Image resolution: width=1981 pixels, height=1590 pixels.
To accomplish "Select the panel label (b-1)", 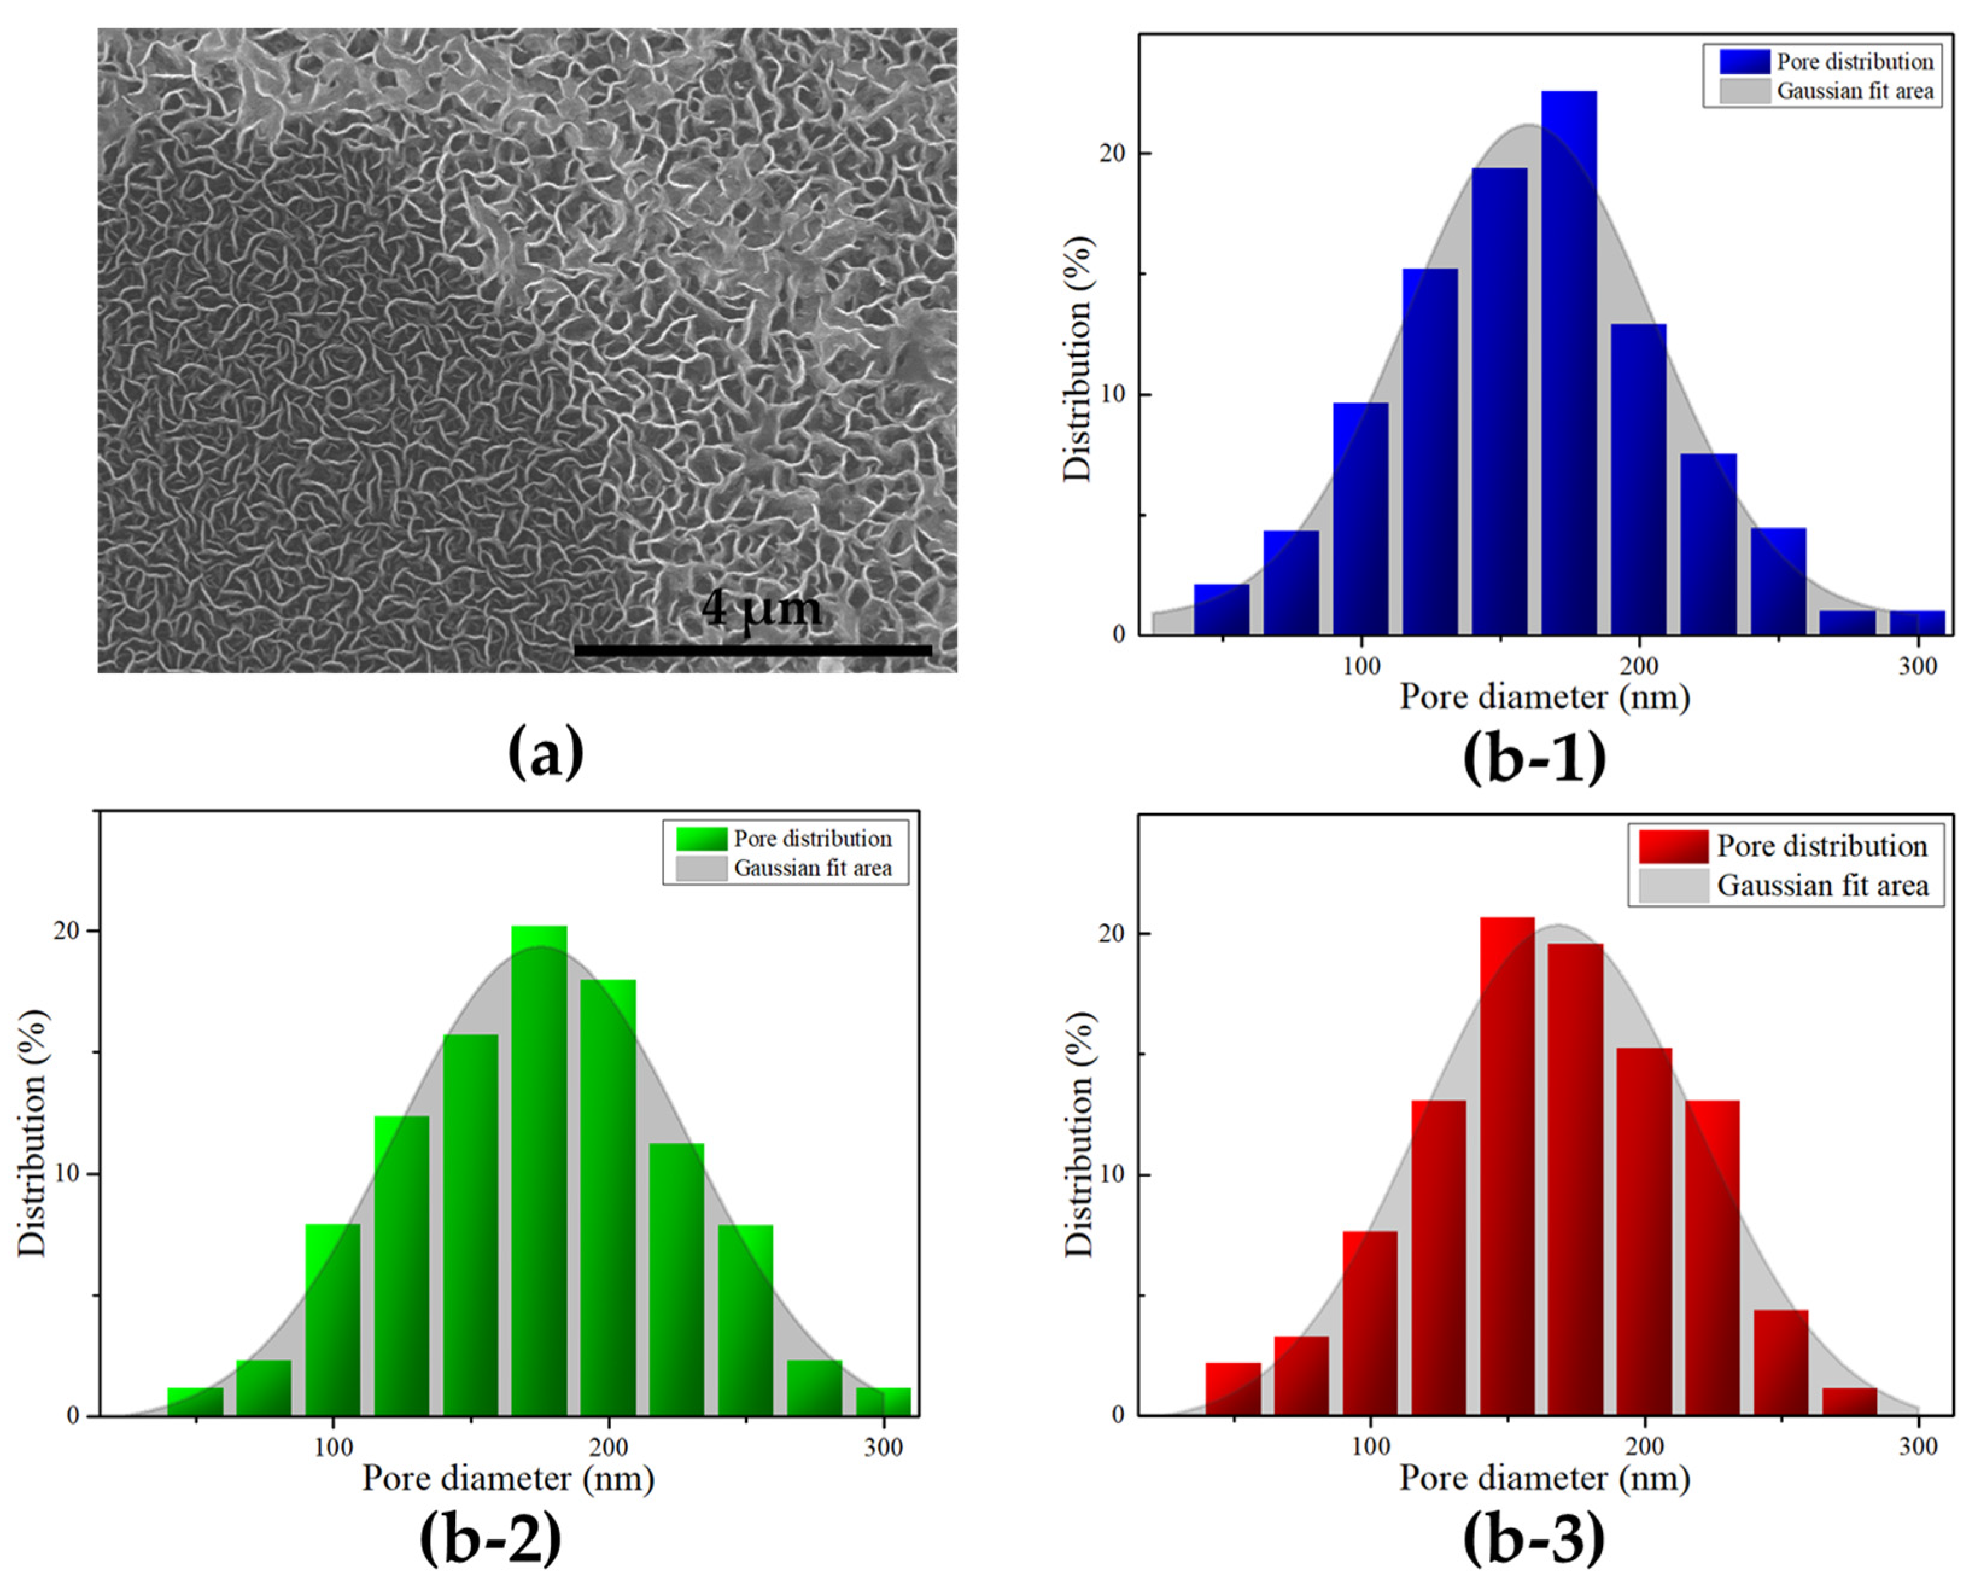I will pos(1535,757).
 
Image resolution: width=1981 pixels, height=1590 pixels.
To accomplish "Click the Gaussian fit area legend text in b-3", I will pos(1822,886).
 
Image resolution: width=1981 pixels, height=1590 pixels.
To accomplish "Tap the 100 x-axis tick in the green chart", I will pos(332,1448).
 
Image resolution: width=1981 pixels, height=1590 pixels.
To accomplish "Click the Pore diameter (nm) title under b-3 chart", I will pos(1544,1478).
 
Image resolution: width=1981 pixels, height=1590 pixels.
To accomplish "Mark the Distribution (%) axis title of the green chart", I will pos(33,1132).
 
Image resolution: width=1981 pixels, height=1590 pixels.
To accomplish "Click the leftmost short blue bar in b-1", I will pos(1221,609).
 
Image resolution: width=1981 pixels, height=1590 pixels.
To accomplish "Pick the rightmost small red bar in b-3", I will pos(1849,1402).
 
